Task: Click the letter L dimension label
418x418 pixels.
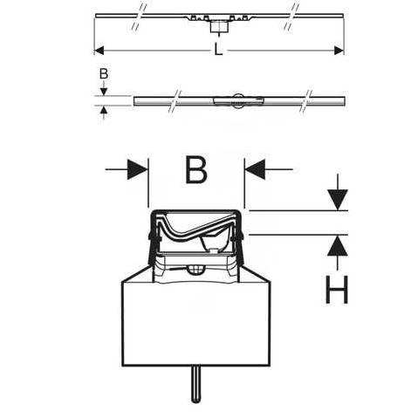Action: [218, 50]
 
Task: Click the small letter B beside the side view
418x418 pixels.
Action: [104, 73]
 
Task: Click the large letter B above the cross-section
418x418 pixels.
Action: [196, 170]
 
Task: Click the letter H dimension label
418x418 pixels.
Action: [337, 290]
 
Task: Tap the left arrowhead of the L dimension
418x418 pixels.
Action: [99, 51]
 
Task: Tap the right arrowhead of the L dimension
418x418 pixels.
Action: [339, 51]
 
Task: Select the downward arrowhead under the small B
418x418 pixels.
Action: [104, 92]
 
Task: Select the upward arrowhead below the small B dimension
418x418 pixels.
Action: [104, 110]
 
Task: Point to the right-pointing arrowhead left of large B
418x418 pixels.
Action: [137, 169]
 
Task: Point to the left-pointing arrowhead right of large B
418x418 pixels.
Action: [255, 169]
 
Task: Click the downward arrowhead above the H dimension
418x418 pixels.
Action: [338, 200]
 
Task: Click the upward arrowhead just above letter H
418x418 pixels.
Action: [338, 245]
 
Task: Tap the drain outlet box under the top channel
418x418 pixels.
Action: [219, 27]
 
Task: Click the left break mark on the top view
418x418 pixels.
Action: [139, 17]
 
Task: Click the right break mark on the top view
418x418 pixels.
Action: [291, 17]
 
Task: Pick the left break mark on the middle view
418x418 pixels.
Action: [175, 101]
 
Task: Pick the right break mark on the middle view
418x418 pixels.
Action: [305, 101]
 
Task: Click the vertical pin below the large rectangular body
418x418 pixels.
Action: [195, 384]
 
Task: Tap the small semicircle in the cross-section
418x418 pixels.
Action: [195, 270]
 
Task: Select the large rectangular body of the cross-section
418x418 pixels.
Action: [195, 324]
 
